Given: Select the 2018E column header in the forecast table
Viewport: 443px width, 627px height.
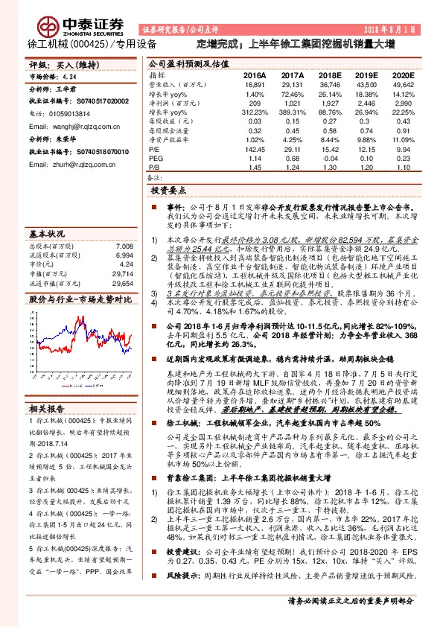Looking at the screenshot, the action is coord(329,76).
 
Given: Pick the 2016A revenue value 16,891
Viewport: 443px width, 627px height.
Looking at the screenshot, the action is coord(254,86).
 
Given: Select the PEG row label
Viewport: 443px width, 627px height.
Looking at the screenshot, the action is coord(156,159).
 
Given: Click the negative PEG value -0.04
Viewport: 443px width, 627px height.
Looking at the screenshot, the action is coord(329,159).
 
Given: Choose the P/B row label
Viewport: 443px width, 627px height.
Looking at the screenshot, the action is coord(155,168).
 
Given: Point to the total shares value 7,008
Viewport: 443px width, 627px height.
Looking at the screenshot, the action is coord(124,246).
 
